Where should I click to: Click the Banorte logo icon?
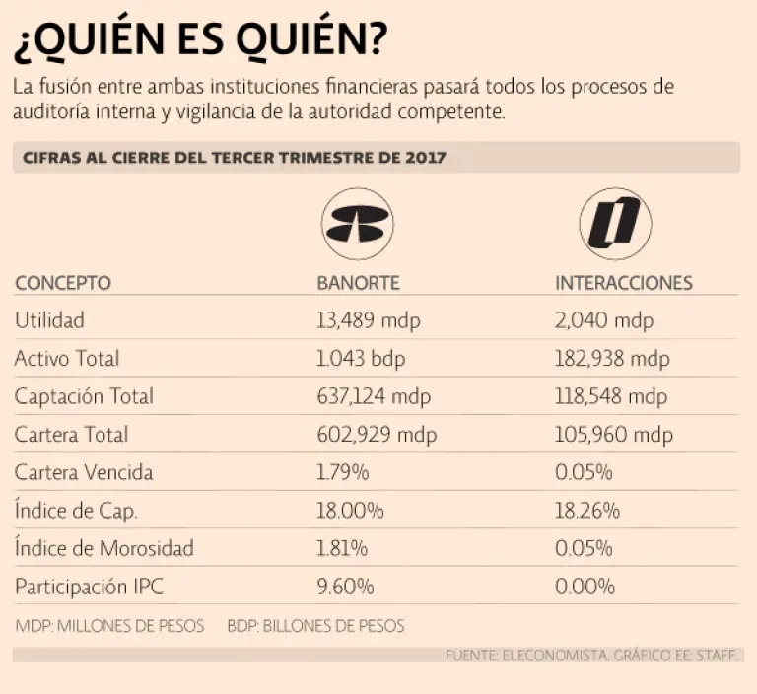(357, 225)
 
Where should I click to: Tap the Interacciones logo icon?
(609, 223)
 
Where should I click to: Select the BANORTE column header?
(358, 283)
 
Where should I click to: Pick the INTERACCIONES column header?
(624, 283)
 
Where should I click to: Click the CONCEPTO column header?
(62, 283)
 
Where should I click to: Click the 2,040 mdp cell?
(604, 320)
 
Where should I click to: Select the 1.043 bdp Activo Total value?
(361, 359)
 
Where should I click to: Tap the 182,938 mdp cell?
(612, 359)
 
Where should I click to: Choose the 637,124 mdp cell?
(375, 396)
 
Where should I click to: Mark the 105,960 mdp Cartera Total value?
(614, 435)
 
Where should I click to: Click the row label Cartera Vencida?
(84, 472)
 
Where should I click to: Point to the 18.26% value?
(587, 511)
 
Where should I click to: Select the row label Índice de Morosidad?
(103, 548)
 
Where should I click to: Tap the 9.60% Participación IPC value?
(345, 587)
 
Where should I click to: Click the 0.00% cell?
(585, 587)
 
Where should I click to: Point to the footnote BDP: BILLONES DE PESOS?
(315, 626)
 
